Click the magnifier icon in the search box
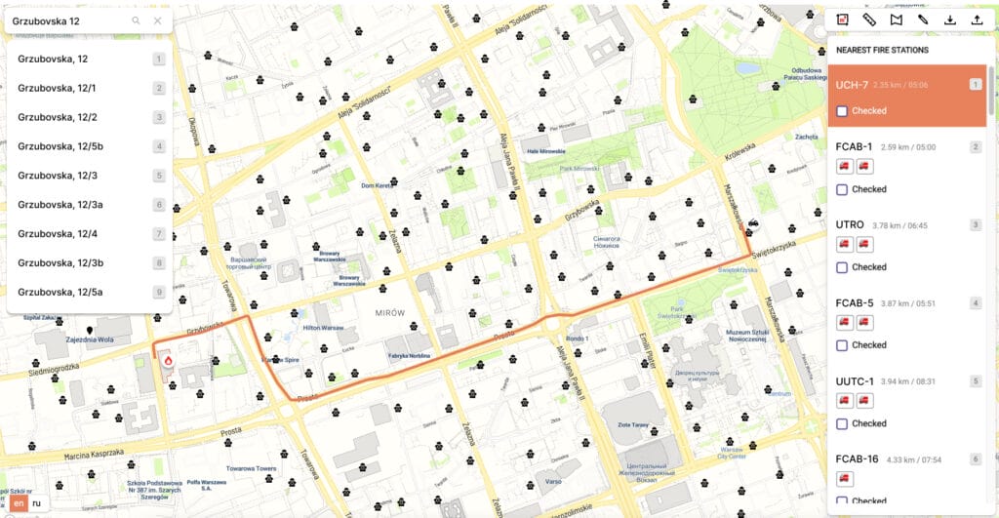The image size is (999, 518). tap(136, 20)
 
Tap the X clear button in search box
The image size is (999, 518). tap(157, 20)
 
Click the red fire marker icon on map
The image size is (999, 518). tap(168, 361)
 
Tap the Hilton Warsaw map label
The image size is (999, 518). tap(324, 328)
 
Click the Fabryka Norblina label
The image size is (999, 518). tap(409, 356)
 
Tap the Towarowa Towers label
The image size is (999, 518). tap(253, 468)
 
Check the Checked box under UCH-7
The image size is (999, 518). tap(842, 111)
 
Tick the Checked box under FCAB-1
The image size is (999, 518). tap(842, 189)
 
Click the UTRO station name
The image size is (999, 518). tap(850, 225)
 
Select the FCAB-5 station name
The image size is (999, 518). tap(854, 303)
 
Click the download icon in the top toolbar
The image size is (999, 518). tap(949, 20)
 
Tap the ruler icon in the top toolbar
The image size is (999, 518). tap(869, 20)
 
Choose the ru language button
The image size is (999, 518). tap(36, 503)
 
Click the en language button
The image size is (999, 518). tap(18, 503)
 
